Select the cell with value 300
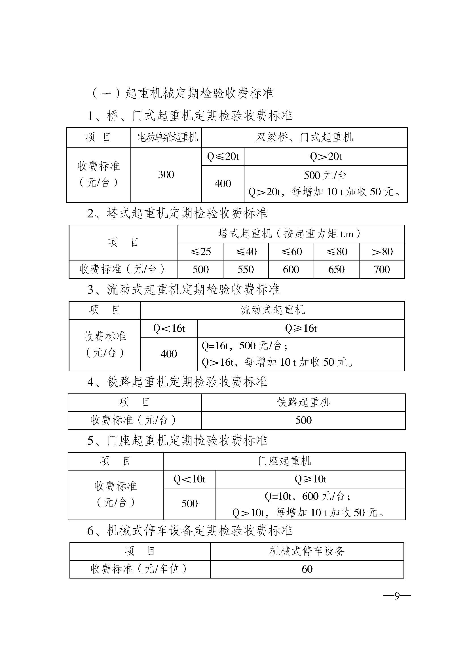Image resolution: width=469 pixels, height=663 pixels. click(x=166, y=174)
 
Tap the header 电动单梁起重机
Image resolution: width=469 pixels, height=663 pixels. click(x=168, y=137)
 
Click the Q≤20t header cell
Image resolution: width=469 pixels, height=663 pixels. click(x=223, y=156)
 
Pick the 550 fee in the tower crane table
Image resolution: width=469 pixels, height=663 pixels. click(x=246, y=269)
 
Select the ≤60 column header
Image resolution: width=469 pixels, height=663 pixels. click(x=291, y=251)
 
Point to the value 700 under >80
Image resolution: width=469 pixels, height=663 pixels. click(x=381, y=269)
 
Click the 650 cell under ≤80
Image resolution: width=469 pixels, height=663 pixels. click(x=336, y=269)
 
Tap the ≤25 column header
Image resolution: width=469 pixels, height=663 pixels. click(x=200, y=251)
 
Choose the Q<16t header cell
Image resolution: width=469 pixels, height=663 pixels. click(x=169, y=328)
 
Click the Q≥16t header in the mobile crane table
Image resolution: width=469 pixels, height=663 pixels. click(x=301, y=328)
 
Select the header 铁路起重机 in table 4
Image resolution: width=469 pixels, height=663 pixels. click(x=303, y=402)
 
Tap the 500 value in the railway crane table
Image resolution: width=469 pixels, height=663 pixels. click(x=303, y=420)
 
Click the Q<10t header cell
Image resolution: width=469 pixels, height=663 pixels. click(x=189, y=479)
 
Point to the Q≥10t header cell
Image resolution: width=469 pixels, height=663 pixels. click(x=310, y=479)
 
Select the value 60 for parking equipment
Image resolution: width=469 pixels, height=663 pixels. click(x=307, y=569)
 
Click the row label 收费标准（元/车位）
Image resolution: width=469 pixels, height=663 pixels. click(x=139, y=569)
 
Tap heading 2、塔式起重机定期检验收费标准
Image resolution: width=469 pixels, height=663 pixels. click(x=177, y=213)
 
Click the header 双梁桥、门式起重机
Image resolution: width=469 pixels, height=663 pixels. click(x=304, y=137)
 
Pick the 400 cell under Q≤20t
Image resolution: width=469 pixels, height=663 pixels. click(x=223, y=183)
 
